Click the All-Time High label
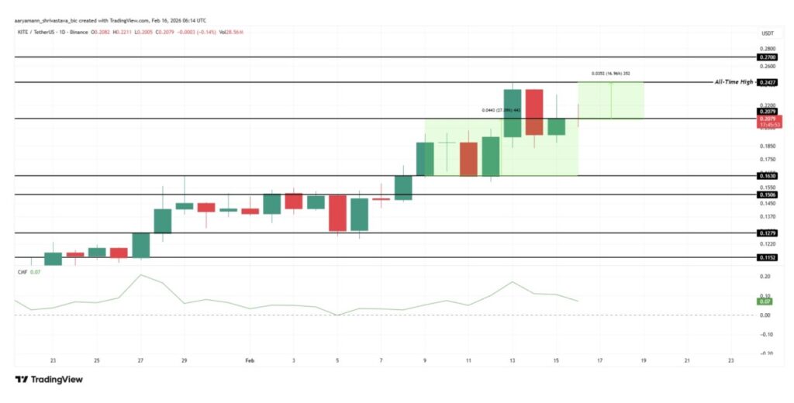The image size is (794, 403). pyautogui.click(x=734, y=81)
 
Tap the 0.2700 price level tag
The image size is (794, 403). pyautogui.click(x=767, y=57)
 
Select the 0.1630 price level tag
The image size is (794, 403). pyautogui.click(x=767, y=176)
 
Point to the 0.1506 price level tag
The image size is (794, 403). pyautogui.click(x=767, y=195)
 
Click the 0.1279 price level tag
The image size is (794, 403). pyautogui.click(x=767, y=232)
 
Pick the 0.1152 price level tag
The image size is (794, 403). pyautogui.click(x=767, y=257)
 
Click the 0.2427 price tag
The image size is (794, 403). pyautogui.click(x=767, y=81)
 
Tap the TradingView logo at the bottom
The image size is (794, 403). pyautogui.click(x=49, y=380)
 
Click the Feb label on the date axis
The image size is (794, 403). pyautogui.click(x=250, y=360)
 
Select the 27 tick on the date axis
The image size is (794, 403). pyautogui.click(x=140, y=360)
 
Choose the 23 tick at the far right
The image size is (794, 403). pyautogui.click(x=731, y=360)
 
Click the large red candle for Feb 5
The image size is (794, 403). pyautogui.click(x=337, y=213)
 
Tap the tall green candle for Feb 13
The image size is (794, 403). pyautogui.click(x=512, y=113)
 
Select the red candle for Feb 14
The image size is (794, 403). pyautogui.click(x=533, y=112)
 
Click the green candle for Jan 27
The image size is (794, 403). pyautogui.click(x=140, y=244)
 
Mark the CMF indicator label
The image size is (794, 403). pyautogui.click(x=23, y=272)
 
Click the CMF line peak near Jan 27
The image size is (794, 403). pyautogui.click(x=140, y=275)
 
